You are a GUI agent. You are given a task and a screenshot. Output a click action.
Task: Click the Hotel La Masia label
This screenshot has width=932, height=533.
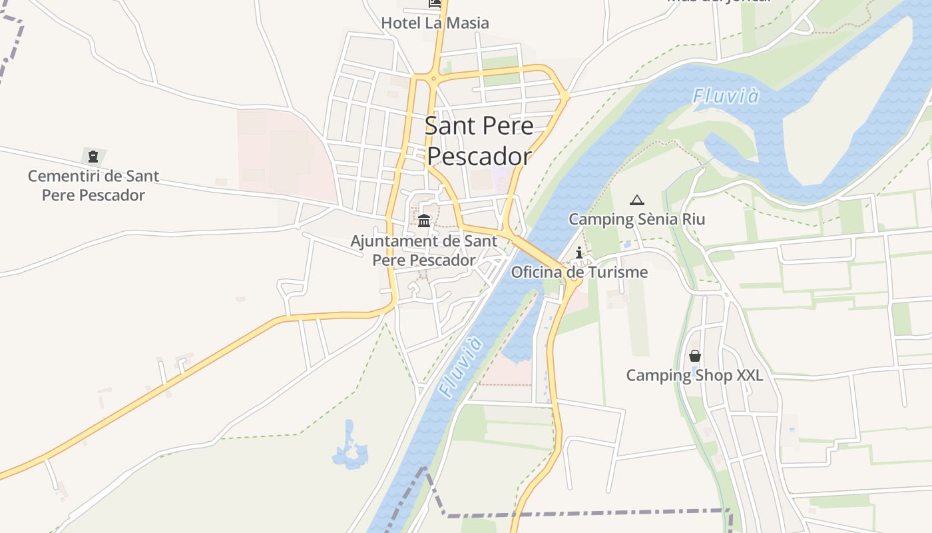pos(435,23)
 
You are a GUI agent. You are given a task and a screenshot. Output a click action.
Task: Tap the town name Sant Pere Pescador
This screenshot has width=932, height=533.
pos(479,141)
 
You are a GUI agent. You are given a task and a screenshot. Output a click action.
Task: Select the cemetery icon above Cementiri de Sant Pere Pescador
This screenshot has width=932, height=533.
pos(93,157)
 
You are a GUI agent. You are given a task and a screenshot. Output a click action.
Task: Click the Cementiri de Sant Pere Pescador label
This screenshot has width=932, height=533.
pos(93,186)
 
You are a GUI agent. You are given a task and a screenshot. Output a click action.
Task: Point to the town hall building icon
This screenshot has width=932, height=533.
pos(424,221)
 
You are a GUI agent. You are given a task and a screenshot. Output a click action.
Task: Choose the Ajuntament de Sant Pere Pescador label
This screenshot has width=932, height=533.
pos(424,251)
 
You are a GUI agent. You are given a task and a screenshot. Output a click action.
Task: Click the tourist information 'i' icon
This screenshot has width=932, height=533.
pos(579,253)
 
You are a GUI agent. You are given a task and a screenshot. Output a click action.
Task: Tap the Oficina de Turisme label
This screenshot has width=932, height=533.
pos(579,272)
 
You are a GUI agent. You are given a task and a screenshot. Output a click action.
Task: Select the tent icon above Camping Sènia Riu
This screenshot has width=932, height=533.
pos(637,200)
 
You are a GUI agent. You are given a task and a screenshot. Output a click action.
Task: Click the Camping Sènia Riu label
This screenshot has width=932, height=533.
pos(637,219)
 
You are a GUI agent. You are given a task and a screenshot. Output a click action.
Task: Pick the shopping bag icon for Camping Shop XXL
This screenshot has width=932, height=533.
pos(695,356)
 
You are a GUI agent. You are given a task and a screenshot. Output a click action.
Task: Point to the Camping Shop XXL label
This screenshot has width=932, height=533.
pos(694,375)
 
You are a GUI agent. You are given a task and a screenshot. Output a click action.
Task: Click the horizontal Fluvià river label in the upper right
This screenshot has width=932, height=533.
pos(726,97)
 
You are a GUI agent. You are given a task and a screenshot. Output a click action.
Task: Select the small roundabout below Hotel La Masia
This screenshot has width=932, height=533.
pos(433,78)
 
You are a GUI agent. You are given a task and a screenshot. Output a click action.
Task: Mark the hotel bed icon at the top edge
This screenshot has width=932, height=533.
pos(435,3)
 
